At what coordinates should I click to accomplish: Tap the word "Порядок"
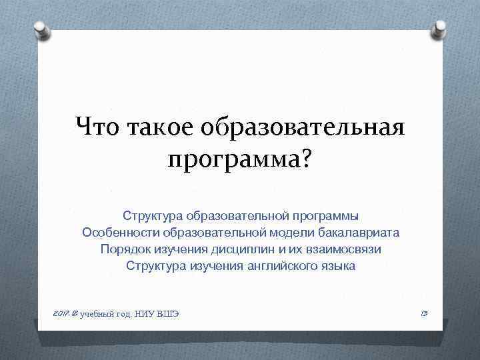[x=124, y=249]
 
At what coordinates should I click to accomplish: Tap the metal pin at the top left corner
[x=40, y=27]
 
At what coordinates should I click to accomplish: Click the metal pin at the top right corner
[x=441, y=27]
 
